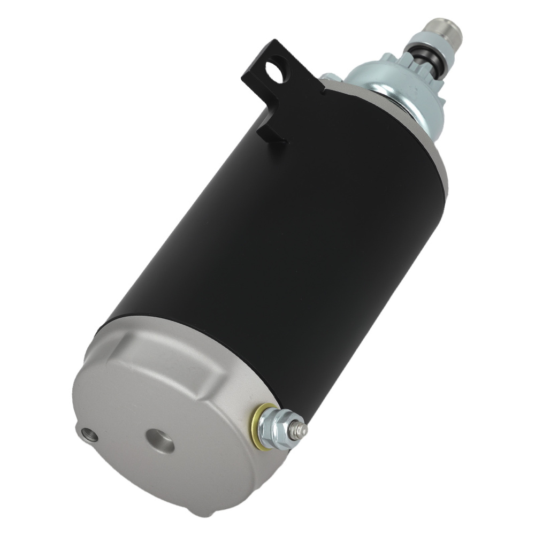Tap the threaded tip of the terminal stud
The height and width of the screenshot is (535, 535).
(x=302, y=429)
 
